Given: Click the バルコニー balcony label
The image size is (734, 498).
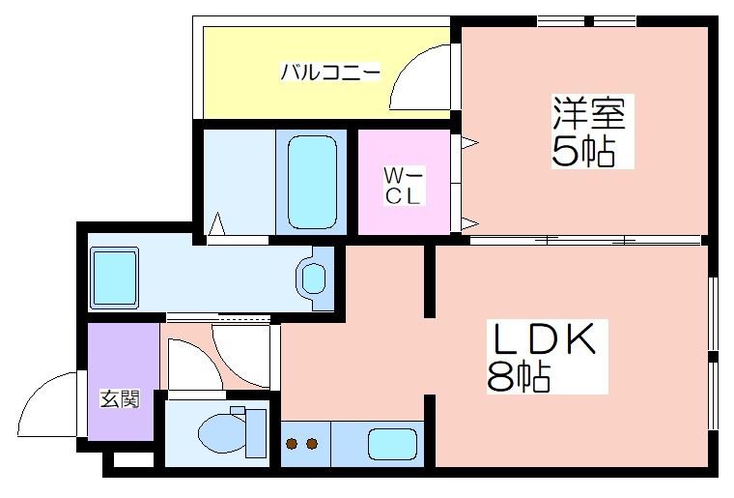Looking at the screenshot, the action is (x=330, y=73).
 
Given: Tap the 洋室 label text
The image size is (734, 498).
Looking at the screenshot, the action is (x=589, y=114).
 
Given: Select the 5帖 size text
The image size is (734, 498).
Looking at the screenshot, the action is (x=582, y=152).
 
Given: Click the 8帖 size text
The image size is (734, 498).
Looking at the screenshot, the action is (x=519, y=376).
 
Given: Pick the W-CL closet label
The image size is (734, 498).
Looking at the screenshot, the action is (x=403, y=186).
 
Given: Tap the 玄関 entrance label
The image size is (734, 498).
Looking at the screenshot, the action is (x=121, y=399).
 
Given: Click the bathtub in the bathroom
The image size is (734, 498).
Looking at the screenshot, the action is (x=312, y=182).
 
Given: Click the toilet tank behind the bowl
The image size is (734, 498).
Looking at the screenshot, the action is (x=256, y=432).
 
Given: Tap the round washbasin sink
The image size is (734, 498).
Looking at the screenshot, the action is (x=314, y=279).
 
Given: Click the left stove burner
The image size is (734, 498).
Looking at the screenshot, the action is (x=293, y=443).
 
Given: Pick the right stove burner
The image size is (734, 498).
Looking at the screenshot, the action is (x=312, y=443).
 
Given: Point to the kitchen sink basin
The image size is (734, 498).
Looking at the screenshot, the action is (x=392, y=444).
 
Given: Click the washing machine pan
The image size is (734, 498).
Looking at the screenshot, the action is (x=115, y=278).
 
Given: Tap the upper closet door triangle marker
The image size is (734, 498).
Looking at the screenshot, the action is (x=469, y=142).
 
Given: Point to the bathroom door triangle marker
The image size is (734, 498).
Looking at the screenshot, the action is (x=216, y=224).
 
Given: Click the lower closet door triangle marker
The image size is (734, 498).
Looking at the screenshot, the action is (x=469, y=223).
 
